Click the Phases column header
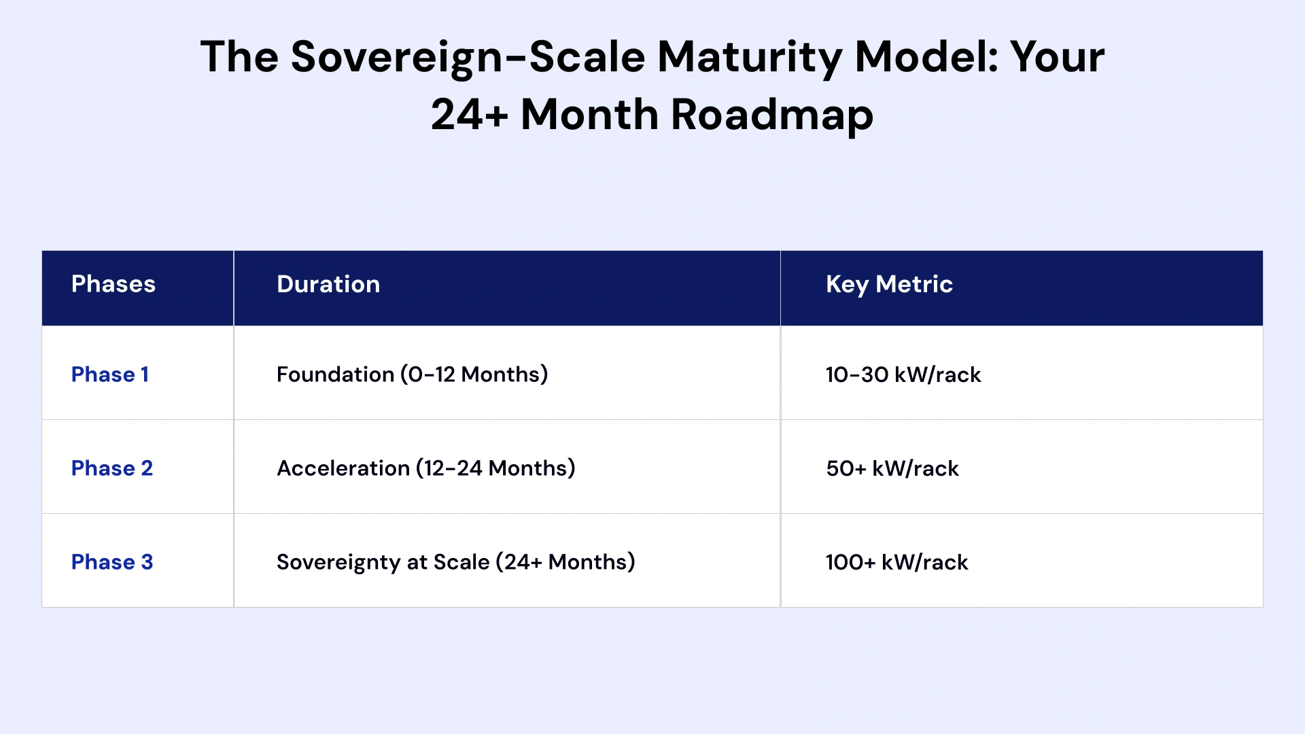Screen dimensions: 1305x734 point(114,284)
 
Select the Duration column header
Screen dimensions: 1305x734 point(328,284)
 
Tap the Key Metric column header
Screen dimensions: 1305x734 point(889,285)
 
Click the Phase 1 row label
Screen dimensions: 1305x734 point(110,374)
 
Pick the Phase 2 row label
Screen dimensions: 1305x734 point(112,468)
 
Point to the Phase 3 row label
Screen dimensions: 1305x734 point(112,562)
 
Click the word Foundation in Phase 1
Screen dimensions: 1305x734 point(335,374)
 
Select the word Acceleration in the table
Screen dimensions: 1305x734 point(343,468)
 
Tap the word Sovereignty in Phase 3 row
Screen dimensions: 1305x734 point(338,563)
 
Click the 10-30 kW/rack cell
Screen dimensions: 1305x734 point(903,374)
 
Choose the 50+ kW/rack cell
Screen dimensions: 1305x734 point(892,468)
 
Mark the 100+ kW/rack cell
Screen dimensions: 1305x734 point(897,562)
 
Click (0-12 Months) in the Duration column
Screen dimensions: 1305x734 point(474,374)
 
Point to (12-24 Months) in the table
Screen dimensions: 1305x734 point(496,468)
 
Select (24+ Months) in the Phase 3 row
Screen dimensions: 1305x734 point(565,562)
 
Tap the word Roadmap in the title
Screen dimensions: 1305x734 point(772,115)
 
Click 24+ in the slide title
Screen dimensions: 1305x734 point(470,114)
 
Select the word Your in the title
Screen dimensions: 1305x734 point(1057,56)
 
